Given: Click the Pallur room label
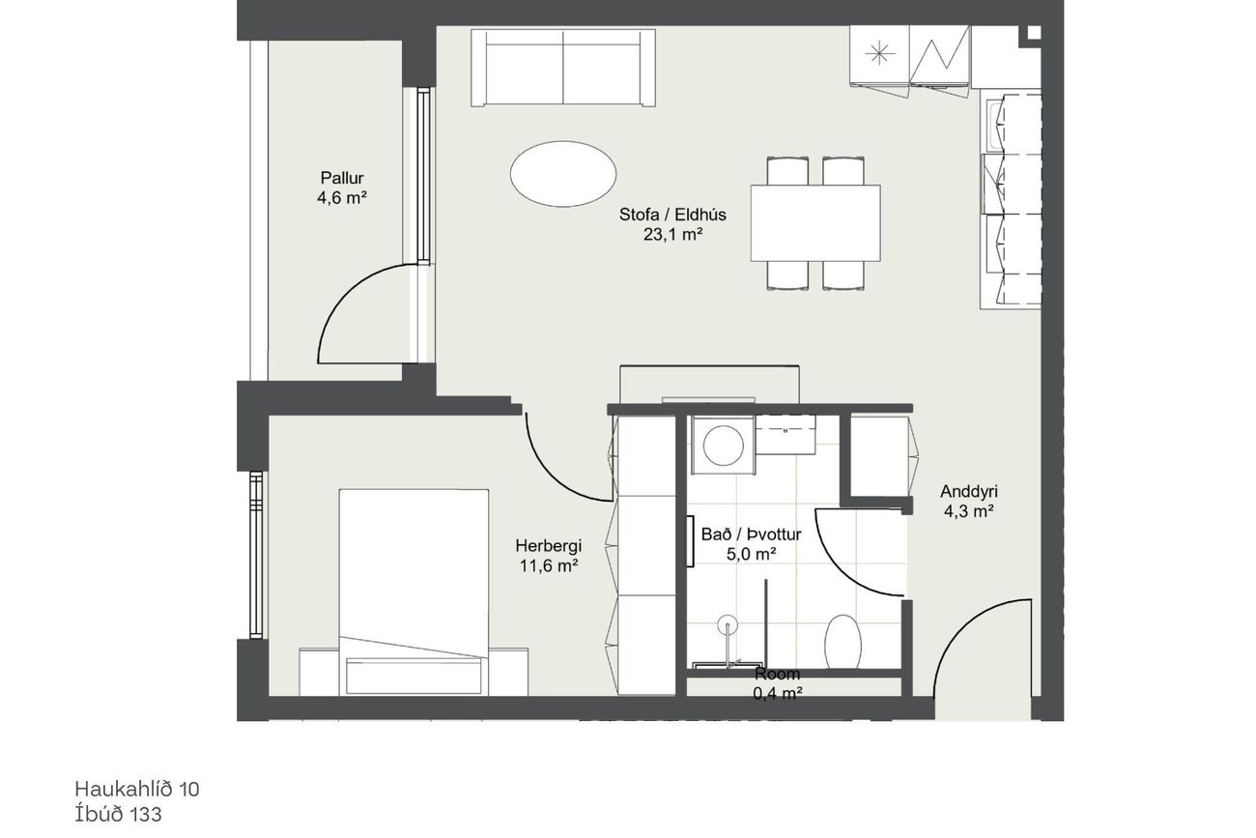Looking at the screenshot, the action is click(x=342, y=178).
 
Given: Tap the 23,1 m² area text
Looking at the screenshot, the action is click(x=672, y=235).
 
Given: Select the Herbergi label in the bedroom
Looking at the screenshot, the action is click(x=549, y=545).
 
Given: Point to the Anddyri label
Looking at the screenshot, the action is click(x=969, y=491).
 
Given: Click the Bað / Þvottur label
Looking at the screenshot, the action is click(x=752, y=534).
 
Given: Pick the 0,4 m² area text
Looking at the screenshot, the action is click(x=778, y=694).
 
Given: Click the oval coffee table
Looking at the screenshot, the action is click(x=563, y=174).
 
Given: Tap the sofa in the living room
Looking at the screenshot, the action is click(x=563, y=68).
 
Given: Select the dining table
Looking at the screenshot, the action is click(x=815, y=222).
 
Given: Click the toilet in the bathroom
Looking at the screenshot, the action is click(x=842, y=642).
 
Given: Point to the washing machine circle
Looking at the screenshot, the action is click(x=724, y=446).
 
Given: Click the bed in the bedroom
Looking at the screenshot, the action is click(x=414, y=592).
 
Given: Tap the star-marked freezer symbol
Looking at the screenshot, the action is click(x=880, y=54).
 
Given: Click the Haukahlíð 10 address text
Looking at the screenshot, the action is click(x=137, y=790).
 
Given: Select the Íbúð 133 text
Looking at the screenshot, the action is click(x=118, y=814).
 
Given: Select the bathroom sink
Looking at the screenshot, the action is click(x=785, y=435).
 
